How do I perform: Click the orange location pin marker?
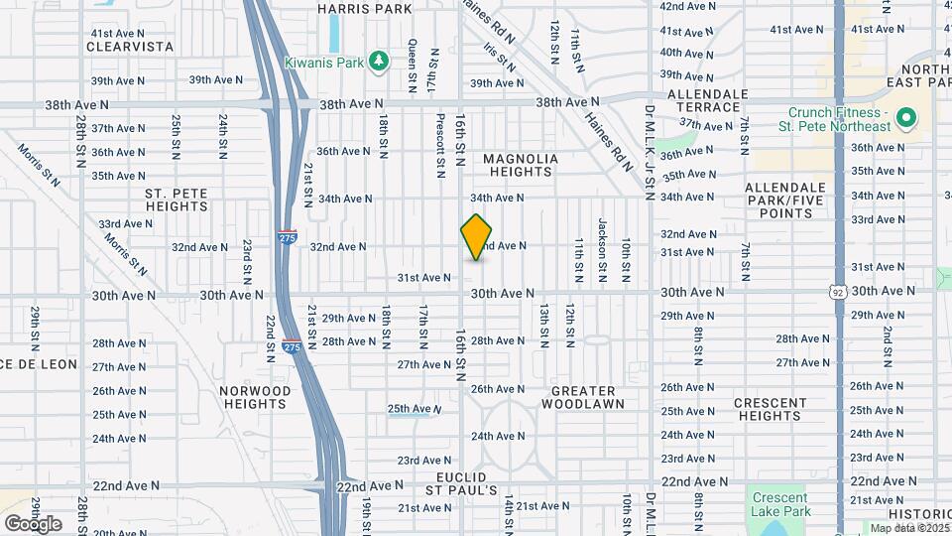pyautogui.click(x=477, y=236)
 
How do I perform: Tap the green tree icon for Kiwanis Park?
pyautogui.click(x=378, y=62)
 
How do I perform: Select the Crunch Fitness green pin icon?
pyautogui.click(x=904, y=119)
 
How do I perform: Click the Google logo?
pyautogui.click(x=33, y=523)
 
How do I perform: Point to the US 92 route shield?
pyautogui.click(x=838, y=291)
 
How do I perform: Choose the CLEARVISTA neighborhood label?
pyautogui.click(x=130, y=47)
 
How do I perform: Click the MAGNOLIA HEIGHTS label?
pyautogui.click(x=521, y=165)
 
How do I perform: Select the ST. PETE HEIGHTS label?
pyautogui.click(x=176, y=200)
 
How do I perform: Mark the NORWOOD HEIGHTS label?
pyautogui.click(x=255, y=397)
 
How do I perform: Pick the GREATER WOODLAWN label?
pyautogui.click(x=588, y=397)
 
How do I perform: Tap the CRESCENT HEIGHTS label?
pyautogui.click(x=770, y=409)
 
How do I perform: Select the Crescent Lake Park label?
pyautogui.click(x=780, y=504)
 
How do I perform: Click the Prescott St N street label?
pyautogui.click(x=439, y=144)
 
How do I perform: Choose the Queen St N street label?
pyautogui.click(x=412, y=59)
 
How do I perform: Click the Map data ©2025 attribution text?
pyautogui.click(x=908, y=528)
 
